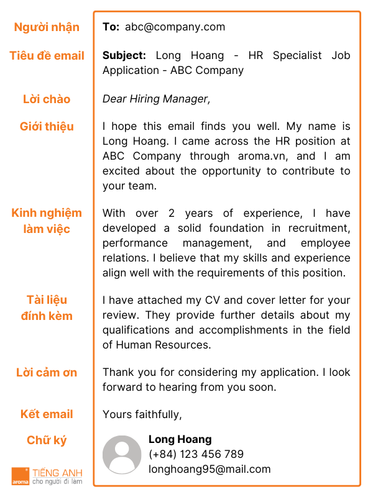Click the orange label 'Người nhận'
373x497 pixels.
47,27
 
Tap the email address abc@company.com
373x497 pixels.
175,27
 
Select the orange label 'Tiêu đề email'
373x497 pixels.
47,56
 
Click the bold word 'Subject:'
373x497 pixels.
124,55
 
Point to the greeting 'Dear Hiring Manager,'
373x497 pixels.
157,99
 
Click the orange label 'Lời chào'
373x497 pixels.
47,99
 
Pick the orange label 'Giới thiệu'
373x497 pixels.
47,127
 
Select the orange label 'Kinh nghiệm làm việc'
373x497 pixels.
47,221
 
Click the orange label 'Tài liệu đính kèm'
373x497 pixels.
47,308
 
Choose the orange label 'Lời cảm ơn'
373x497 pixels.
47,373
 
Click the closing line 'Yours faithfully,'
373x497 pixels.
142,414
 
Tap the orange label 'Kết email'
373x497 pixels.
47,414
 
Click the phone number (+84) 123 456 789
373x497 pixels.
196,454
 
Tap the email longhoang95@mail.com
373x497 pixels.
210,469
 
